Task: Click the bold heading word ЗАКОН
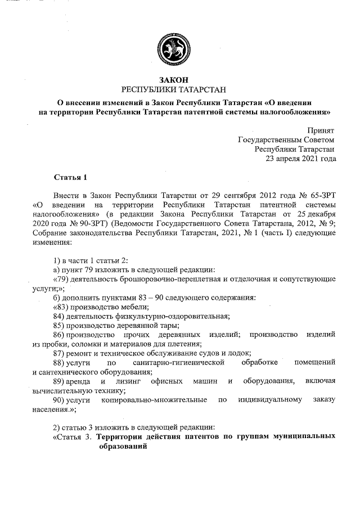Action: [179, 80]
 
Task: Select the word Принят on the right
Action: [322, 130]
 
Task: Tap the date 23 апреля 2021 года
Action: [301, 159]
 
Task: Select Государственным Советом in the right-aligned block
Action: [286, 139]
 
